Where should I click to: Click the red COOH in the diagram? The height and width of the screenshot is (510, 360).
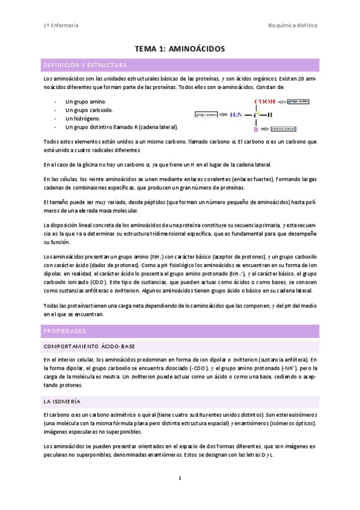pyautogui.click(x=264, y=102)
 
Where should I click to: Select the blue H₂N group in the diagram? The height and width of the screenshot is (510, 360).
pyautogui.click(x=236, y=114)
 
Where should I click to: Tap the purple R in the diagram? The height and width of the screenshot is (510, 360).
pyautogui.click(x=256, y=129)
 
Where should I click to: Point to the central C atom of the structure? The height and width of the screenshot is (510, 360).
pyautogui.click(x=256, y=114)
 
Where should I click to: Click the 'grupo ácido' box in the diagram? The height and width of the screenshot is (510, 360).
pyautogui.click(x=299, y=102)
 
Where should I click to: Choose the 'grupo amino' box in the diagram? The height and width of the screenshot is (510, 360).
pyautogui.click(x=206, y=114)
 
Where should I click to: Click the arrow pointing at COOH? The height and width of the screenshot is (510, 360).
pyautogui.click(x=282, y=102)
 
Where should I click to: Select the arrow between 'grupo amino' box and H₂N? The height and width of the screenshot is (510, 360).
pyautogui.click(x=223, y=114)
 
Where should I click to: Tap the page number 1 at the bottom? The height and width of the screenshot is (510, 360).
pyautogui.click(x=180, y=478)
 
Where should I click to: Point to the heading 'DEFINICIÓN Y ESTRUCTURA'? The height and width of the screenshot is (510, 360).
pyautogui.click(x=85, y=65)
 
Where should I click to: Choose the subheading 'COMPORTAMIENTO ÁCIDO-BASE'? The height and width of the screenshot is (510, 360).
pyautogui.click(x=90, y=346)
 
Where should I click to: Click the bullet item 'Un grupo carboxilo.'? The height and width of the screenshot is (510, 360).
pyautogui.click(x=89, y=111)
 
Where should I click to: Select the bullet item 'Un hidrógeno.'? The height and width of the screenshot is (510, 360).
pyautogui.click(x=83, y=119)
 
